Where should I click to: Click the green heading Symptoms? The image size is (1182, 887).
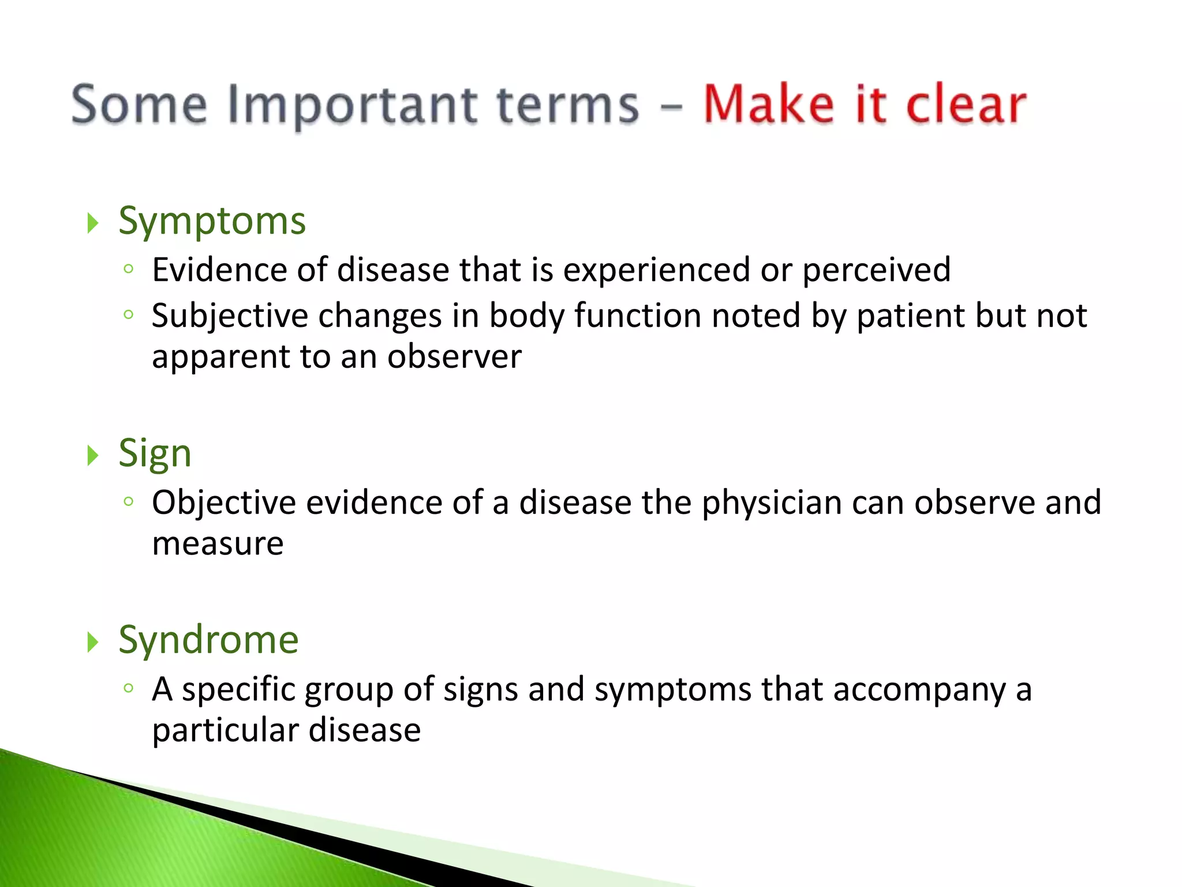tap(212, 222)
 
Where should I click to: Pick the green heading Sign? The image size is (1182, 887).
tap(155, 454)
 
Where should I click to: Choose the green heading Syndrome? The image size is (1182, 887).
tap(208, 640)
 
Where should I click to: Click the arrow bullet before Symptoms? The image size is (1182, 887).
tap(92, 223)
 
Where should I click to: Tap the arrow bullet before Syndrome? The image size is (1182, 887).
tap(92, 642)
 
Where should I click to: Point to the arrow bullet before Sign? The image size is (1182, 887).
tap(92, 455)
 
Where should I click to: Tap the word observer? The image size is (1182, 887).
tap(454, 356)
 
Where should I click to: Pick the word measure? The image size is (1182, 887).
tap(218, 543)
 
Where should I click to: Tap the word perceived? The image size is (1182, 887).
tap(876, 271)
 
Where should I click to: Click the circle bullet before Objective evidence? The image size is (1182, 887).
tap(129, 501)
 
